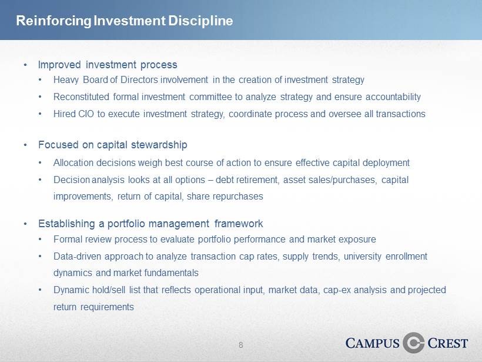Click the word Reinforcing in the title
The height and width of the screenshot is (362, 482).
54,21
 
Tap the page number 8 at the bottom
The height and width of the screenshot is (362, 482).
240,345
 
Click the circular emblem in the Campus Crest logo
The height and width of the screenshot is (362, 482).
413,343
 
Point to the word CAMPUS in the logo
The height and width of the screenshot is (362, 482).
372,343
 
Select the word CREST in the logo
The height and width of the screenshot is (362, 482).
448,343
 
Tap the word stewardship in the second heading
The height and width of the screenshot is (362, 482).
159,145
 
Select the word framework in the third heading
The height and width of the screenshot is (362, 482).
239,224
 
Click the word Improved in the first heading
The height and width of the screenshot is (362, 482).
59,65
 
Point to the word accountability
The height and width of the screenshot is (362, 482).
393,97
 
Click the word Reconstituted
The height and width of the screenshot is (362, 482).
81,97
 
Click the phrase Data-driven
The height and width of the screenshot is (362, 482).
77,256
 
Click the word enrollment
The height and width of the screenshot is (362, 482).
406,256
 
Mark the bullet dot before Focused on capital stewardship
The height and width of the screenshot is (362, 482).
25,145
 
